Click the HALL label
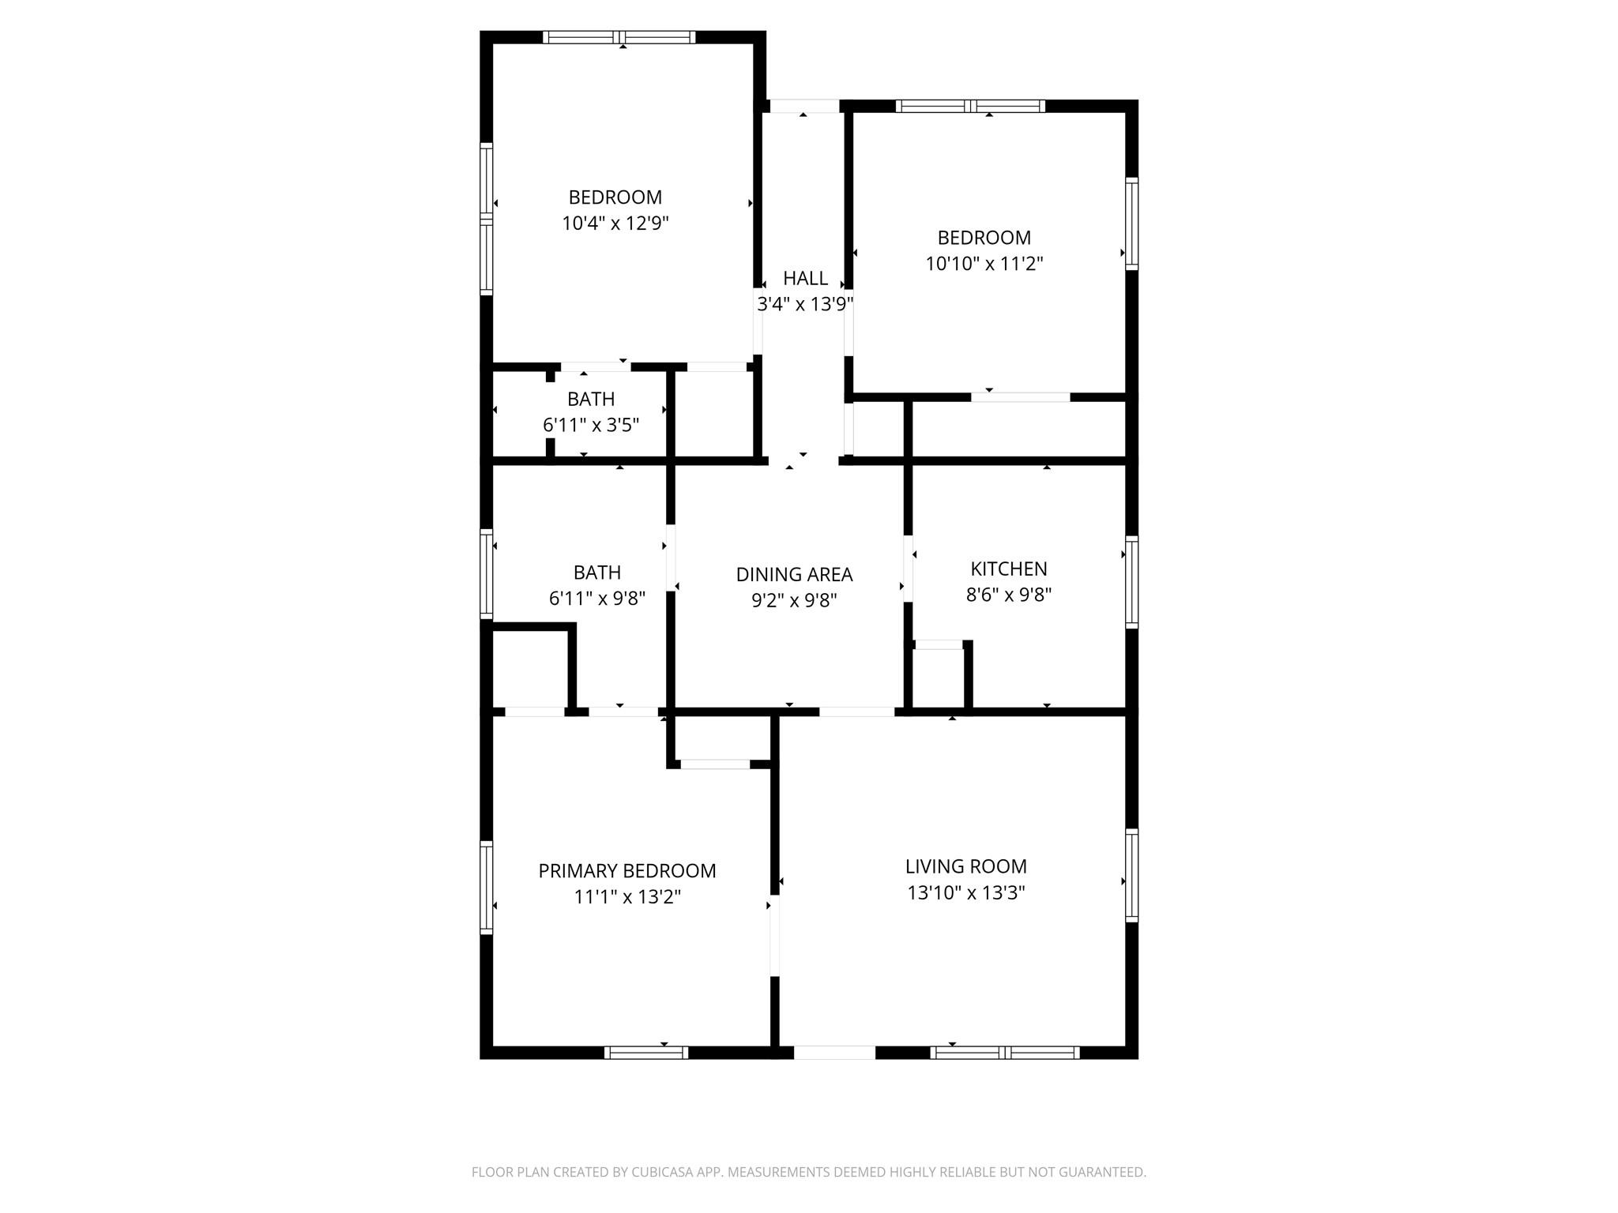click(805, 278)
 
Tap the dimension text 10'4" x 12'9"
click(615, 223)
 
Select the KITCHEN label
click(1008, 569)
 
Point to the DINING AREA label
click(794, 574)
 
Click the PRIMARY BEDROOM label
click(627, 870)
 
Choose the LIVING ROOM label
click(965, 866)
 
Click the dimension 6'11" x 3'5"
click(590, 425)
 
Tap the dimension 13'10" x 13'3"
click(965, 892)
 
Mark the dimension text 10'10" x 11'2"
click(984, 264)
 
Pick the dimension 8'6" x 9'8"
click(1008, 595)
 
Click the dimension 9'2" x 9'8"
click(794, 600)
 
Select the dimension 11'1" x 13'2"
click(627, 897)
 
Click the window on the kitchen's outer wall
click(1131, 582)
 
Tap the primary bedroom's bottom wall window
click(645, 1052)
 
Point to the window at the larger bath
click(487, 573)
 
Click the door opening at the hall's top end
click(803, 106)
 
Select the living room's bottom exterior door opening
click(834, 1052)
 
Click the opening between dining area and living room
click(856, 712)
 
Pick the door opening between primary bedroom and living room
click(774, 936)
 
